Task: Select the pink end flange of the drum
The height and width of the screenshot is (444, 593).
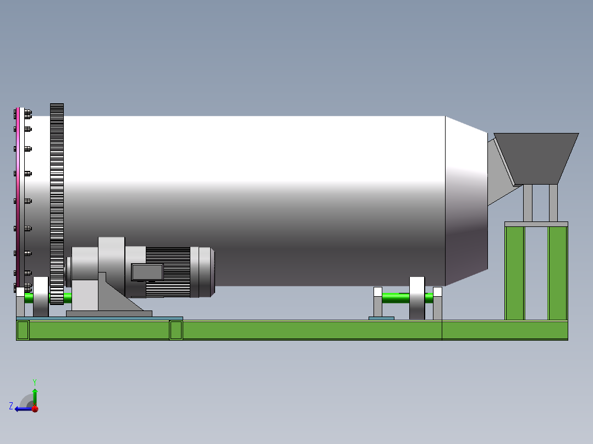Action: click(18, 192)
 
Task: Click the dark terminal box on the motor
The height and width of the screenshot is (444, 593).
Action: click(147, 272)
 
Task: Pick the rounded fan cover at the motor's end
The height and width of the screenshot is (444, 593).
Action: click(206, 272)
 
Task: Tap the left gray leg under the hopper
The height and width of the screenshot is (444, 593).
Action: click(528, 202)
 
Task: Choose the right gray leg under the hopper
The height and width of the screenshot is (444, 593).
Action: click(553, 202)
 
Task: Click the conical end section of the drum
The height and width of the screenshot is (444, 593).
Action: click(466, 203)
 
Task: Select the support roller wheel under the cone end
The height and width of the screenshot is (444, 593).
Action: click(417, 298)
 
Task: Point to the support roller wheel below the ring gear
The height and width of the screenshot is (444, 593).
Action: click(41, 297)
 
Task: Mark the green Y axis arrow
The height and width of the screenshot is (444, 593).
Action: click(35, 396)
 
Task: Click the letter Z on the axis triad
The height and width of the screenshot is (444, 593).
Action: click(11, 406)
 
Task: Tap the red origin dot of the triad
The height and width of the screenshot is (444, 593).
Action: click(35, 409)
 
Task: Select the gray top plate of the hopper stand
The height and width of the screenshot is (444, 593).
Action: click(536, 224)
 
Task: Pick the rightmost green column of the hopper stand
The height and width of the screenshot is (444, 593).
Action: click(557, 273)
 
